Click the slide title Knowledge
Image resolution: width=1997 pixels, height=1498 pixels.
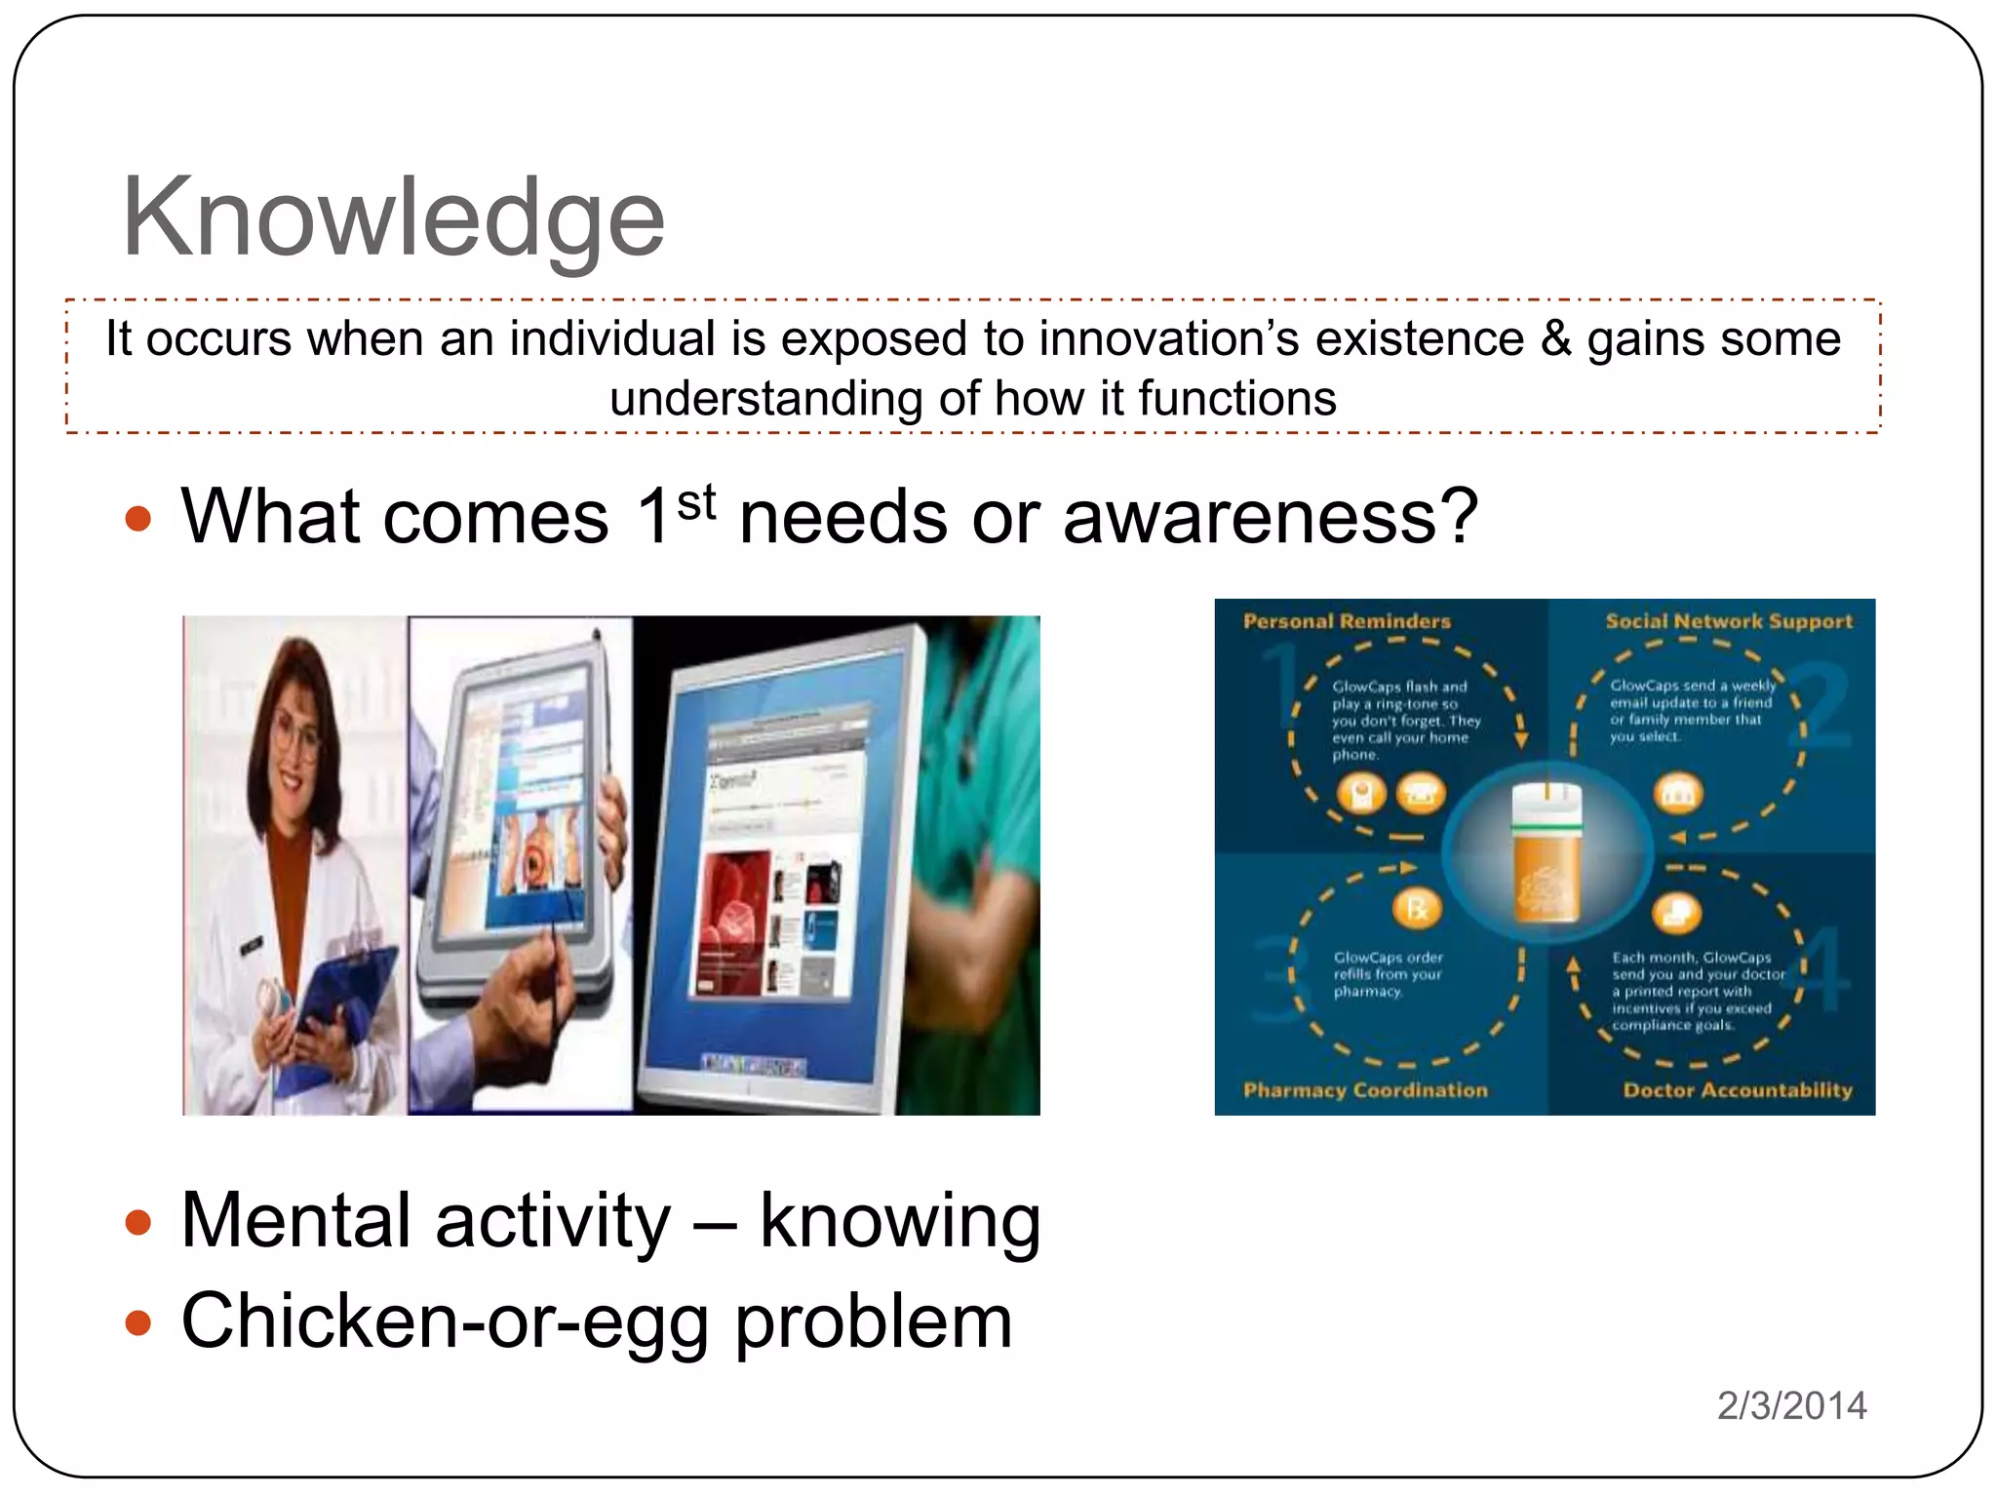pos(392,218)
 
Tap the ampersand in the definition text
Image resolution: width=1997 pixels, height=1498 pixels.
pos(1556,340)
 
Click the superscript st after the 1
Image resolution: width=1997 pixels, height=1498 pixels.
pos(696,502)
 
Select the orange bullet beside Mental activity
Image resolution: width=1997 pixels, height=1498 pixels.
pos(139,1222)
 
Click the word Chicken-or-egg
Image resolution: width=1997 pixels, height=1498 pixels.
pos(445,1321)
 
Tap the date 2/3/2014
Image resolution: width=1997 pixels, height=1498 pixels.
pos(1791,1405)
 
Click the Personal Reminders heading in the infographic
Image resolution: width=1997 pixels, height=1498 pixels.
pos(1347,621)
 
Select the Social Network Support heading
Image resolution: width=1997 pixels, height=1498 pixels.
pos(1728,621)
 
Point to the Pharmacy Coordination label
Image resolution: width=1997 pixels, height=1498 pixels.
pos(1365,1090)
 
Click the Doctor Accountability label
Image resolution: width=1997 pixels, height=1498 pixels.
pos(1737,1090)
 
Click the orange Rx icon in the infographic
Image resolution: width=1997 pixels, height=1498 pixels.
pos(1415,909)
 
